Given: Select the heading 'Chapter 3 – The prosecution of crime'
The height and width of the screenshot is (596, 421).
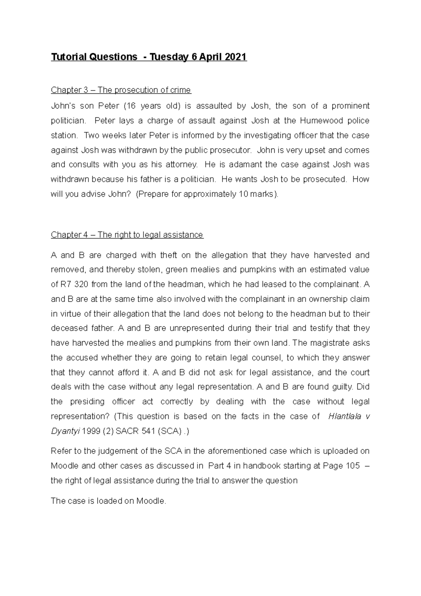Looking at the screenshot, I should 121,90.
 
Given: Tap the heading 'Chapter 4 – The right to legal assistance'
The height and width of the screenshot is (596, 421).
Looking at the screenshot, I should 127,235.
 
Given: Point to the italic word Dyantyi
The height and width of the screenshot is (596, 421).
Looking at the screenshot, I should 65,431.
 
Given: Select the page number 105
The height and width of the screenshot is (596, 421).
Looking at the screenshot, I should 352,466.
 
